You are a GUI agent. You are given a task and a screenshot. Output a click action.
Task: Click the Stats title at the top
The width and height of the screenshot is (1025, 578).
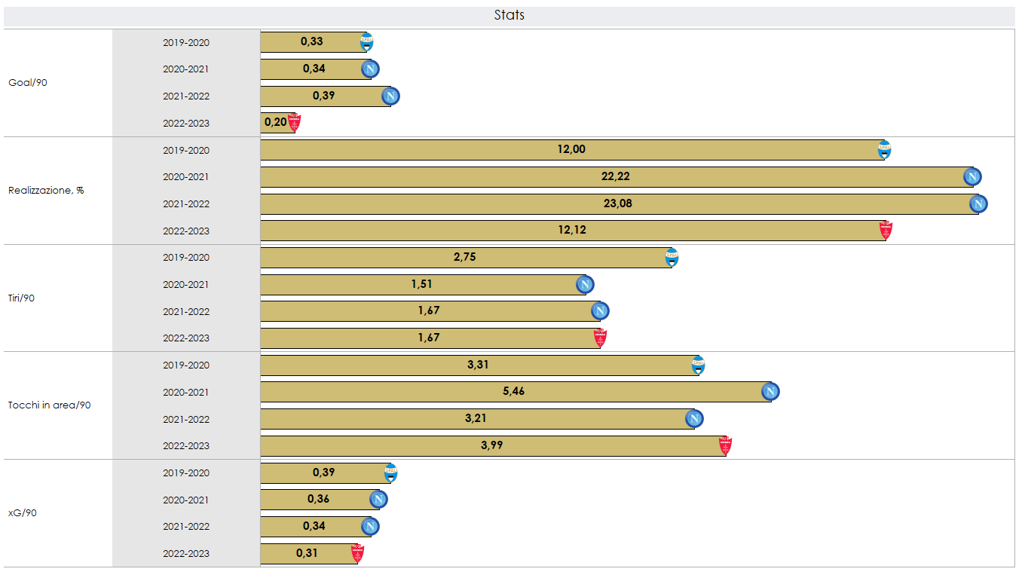click(x=509, y=15)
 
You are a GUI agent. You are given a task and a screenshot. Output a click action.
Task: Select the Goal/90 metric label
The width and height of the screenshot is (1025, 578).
click(x=28, y=83)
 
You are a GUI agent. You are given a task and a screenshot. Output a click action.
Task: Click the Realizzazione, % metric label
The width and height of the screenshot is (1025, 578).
click(x=46, y=191)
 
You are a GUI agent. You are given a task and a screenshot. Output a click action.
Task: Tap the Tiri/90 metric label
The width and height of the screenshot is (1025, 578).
click(x=22, y=298)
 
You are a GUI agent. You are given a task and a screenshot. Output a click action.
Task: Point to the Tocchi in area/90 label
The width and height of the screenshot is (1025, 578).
click(x=50, y=405)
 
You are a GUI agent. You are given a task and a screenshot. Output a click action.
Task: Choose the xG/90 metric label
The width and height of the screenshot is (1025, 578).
click(x=23, y=513)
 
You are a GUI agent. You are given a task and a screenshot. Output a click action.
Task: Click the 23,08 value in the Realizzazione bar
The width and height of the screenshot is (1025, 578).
click(x=618, y=203)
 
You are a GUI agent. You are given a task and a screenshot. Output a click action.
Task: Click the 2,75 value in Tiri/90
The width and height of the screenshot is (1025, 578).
click(x=464, y=257)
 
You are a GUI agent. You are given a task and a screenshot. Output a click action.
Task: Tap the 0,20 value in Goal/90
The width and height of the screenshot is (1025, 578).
click(x=275, y=122)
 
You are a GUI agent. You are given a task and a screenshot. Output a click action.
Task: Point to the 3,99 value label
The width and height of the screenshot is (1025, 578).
click(x=491, y=445)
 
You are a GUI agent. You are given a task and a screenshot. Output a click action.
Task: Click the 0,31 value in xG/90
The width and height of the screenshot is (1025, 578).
click(x=307, y=553)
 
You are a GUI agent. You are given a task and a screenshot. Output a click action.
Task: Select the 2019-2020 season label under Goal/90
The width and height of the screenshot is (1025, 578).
click(x=186, y=43)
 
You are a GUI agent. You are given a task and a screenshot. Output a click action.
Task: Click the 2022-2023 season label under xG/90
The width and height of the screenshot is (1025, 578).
click(x=186, y=554)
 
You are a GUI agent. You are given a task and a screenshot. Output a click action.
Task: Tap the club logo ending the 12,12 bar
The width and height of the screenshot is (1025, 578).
click(x=886, y=231)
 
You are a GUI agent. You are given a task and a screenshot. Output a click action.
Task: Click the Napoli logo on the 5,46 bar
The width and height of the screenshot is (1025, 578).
click(x=770, y=392)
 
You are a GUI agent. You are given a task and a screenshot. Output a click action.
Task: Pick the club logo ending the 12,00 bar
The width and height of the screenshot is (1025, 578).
click(x=884, y=150)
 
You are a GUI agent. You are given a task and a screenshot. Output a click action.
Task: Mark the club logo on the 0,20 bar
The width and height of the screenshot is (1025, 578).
click(x=294, y=122)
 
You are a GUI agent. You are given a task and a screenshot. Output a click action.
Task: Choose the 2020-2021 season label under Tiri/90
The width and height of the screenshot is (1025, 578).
click(x=186, y=285)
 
